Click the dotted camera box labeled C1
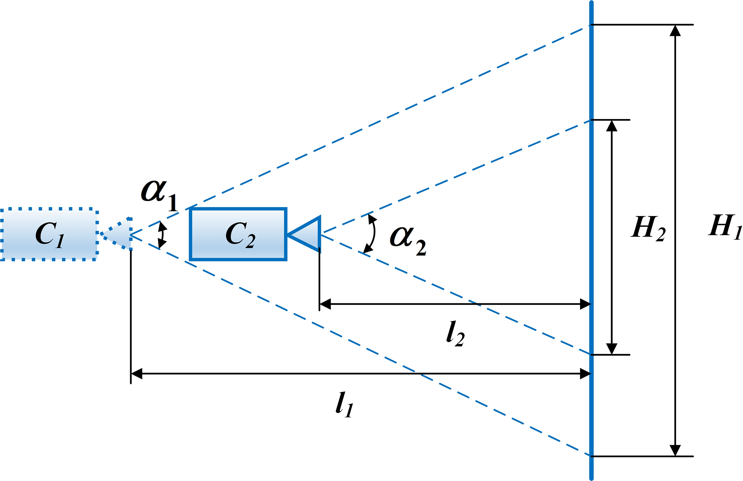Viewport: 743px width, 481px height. tap(49, 234)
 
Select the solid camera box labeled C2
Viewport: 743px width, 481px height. tap(238, 234)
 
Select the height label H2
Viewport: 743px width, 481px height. tap(648, 229)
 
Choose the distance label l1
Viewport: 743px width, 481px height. tap(344, 404)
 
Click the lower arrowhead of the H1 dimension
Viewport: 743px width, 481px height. tap(675, 450)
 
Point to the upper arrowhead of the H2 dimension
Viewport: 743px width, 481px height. tap(611, 125)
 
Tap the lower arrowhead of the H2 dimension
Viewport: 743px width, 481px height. tap(611, 349)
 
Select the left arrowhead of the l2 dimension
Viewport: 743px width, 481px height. tap(325, 304)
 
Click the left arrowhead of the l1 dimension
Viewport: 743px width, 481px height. tap(137, 374)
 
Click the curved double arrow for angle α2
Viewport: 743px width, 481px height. tap(372, 234)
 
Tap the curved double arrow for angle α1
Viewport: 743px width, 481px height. tap(162, 235)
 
